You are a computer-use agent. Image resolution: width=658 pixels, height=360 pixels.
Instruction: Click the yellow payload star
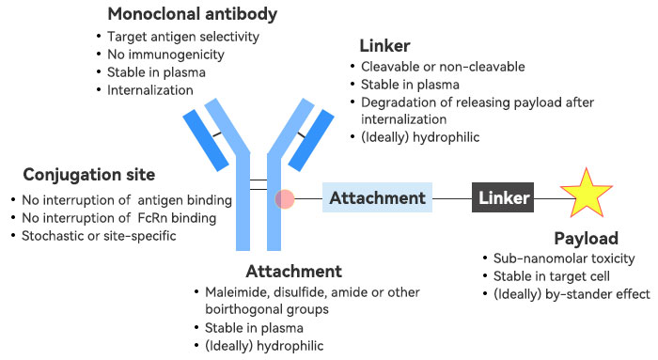pyautogui.click(x=586, y=194)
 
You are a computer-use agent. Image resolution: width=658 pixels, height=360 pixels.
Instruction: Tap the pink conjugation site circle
pyautogui.click(x=285, y=199)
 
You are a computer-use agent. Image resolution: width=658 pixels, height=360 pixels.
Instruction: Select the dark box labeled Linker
pyautogui.click(x=503, y=197)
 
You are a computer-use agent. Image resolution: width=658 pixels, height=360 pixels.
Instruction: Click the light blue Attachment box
pyautogui.click(x=377, y=197)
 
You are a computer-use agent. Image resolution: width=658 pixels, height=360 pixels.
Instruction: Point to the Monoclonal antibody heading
pyautogui.click(x=193, y=14)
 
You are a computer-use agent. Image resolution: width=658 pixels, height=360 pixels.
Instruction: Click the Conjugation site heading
pyautogui.click(x=89, y=175)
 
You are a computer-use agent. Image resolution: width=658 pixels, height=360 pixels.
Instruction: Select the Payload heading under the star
pyautogui.click(x=587, y=239)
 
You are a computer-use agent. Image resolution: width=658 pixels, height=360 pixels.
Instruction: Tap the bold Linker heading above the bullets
pyautogui.click(x=384, y=46)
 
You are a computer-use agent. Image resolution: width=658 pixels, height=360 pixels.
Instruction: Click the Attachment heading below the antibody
pyautogui.click(x=293, y=272)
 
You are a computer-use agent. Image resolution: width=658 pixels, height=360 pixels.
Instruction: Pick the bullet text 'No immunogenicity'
pyautogui.click(x=165, y=55)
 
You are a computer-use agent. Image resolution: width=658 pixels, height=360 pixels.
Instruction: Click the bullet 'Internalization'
pyautogui.click(x=150, y=90)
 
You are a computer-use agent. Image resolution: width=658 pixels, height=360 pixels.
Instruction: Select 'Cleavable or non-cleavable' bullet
pyautogui.click(x=443, y=67)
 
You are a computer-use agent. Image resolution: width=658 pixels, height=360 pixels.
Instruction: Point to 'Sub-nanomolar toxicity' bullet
pyautogui.click(x=564, y=258)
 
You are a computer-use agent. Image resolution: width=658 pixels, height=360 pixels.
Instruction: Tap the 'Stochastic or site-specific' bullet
pyautogui.click(x=99, y=236)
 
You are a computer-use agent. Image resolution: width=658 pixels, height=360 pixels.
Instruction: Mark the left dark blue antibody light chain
pyautogui.click(x=206, y=141)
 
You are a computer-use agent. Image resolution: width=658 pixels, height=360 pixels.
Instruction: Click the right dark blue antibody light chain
pyautogui.click(x=311, y=141)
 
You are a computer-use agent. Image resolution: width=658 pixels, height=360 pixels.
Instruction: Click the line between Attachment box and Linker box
pyautogui.click(x=452, y=198)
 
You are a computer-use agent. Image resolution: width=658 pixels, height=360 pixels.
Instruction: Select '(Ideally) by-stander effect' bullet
pyautogui.click(x=572, y=294)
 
